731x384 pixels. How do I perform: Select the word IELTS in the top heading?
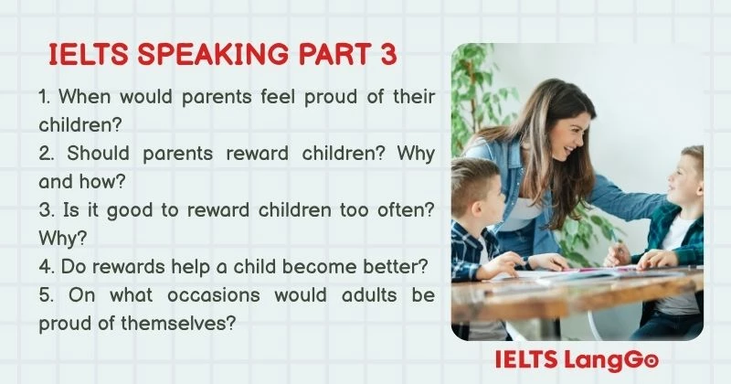click(x=85, y=55)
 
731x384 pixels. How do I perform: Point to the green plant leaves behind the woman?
click(x=475, y=91)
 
